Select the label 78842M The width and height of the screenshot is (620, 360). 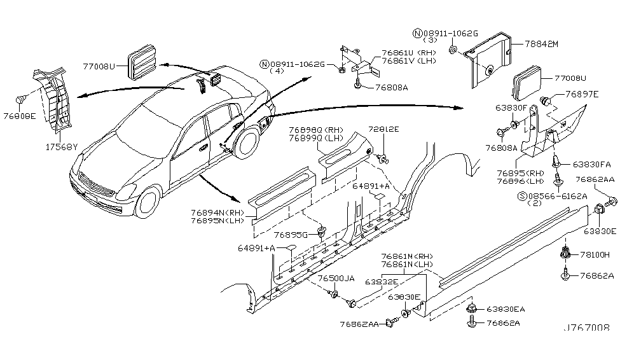tap(541, 44)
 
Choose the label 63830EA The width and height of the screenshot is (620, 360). tap(506, 310)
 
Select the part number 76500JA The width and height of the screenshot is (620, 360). tap(336, 279)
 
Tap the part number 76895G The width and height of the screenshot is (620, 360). tap(291, 235)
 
